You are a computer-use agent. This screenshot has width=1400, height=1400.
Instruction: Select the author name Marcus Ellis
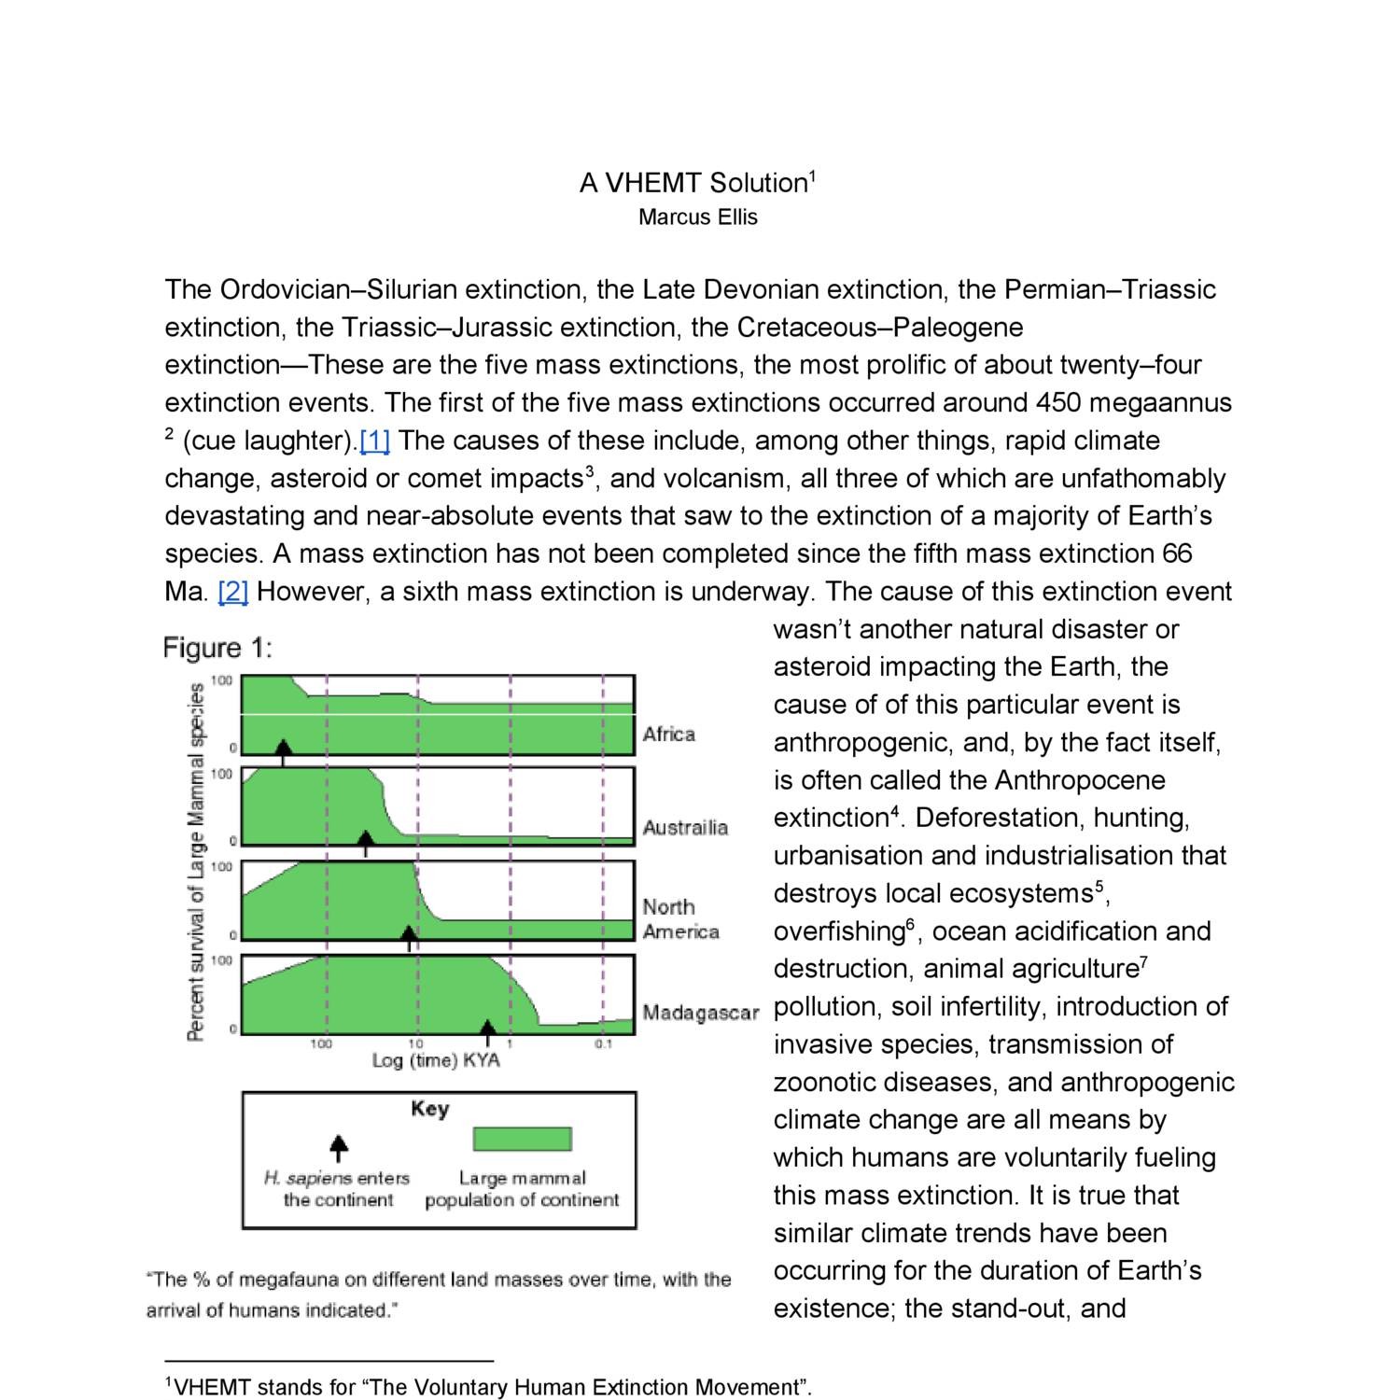[697, 217]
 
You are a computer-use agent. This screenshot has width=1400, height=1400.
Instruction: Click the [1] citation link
[374, 441]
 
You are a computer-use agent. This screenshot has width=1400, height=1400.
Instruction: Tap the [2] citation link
[232, 592]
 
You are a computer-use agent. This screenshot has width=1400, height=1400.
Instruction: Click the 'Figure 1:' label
[217, 648]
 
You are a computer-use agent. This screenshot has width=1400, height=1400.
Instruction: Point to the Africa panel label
[668, 735]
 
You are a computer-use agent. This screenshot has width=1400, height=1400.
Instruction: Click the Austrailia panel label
[684, 827]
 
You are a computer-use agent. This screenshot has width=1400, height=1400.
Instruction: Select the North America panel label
[680, 919]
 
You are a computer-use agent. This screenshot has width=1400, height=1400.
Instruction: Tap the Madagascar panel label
[700, 1013]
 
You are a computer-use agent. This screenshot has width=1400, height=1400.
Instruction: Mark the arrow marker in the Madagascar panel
[487, 1030]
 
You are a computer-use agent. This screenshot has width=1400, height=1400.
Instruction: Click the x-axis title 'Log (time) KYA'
[436, 1060]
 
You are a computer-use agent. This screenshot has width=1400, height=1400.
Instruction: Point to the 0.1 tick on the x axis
[603, 1043]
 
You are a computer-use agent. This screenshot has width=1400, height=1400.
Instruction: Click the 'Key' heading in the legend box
[429, 1109]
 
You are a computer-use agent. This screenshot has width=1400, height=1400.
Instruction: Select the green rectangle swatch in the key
[522, 1140]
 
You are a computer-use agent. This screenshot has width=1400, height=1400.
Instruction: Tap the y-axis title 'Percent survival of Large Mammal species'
[196, 861]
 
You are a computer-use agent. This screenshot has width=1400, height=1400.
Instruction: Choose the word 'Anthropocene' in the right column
[1080, 780]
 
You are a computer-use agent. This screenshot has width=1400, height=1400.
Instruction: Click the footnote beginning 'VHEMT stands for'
[488, 1387]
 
